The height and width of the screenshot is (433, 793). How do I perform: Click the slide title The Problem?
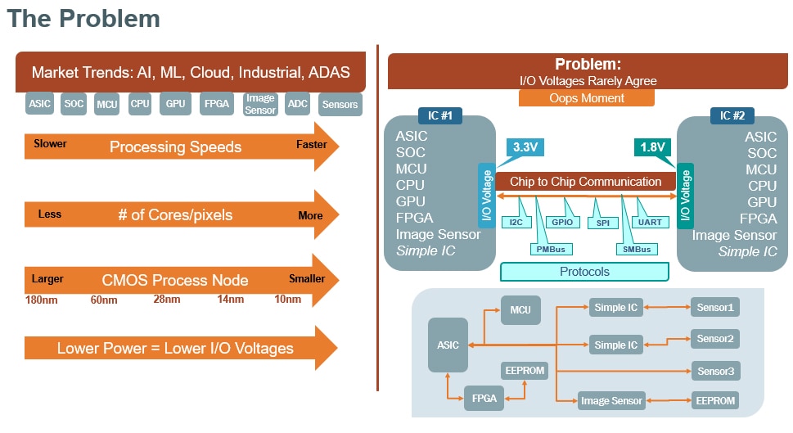(83, 20)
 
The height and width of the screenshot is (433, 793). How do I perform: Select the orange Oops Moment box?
(586, 98)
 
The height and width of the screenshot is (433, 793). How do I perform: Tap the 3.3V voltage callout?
(525, 147)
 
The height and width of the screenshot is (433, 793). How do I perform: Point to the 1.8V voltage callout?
(651, 147)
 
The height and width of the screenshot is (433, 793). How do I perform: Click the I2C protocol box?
(516, 222)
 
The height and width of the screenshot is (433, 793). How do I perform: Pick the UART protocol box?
(650, 222)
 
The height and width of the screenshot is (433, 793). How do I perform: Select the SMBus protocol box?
(636, 248)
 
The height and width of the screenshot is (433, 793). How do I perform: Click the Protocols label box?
(584, 272)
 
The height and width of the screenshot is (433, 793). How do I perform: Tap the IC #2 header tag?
(732, 115)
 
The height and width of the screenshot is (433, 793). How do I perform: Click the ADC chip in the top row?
(298, 104)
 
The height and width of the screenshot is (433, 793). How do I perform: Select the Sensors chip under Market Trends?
(340, 104)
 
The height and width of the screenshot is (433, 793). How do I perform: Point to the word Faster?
(311, 145)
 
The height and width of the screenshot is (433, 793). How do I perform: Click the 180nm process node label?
(41, 300)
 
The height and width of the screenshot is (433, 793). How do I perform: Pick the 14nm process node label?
(230, 300)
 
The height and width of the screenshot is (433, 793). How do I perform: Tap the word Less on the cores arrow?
(50, 214)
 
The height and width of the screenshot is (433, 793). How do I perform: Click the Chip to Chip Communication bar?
(585, 182)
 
